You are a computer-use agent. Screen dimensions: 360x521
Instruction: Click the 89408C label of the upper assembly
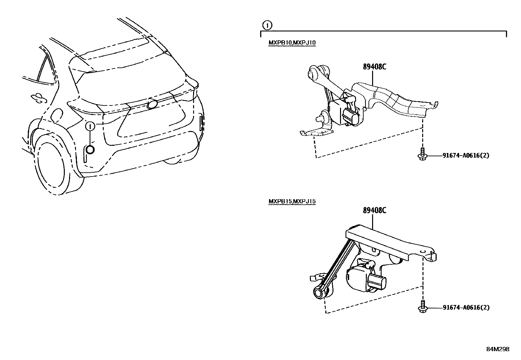pyautogui.click(x=374, y=66)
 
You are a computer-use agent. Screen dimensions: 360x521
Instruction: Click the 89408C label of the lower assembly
pyautogui.click(x=374, y=210)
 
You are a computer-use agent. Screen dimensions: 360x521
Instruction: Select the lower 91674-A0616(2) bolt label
pyautogui.click(x=466, y=308)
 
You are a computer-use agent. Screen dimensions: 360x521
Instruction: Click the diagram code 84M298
pyautogui.click(x=497, y=349)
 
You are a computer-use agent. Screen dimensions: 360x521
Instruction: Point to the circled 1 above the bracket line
pyautogui.click(x=267, y=25)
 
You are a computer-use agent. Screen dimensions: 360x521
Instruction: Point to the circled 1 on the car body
pyautogui.click(x=90, y=126)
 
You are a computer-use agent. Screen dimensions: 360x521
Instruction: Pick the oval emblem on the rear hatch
pyautogui.click(x=153, y=104)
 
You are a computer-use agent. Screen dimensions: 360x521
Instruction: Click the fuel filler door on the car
pyautogui.click(x=57, y=115)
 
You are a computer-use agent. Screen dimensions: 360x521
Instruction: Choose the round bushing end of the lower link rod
pyautogui.click(x=318, y=292)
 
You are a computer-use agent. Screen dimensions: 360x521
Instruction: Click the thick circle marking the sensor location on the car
pyautogui.click(x=90, y=149)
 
